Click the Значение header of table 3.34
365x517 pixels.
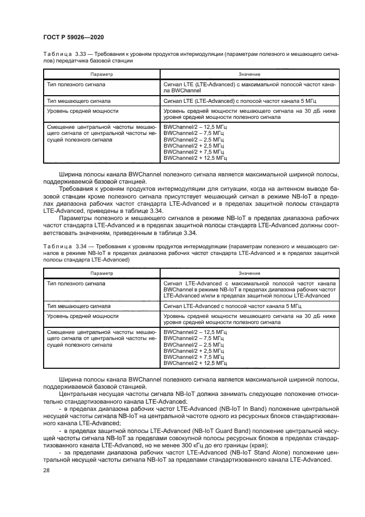[x=250, y=273]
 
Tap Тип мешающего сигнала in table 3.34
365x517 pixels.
[x=78, y=306]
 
